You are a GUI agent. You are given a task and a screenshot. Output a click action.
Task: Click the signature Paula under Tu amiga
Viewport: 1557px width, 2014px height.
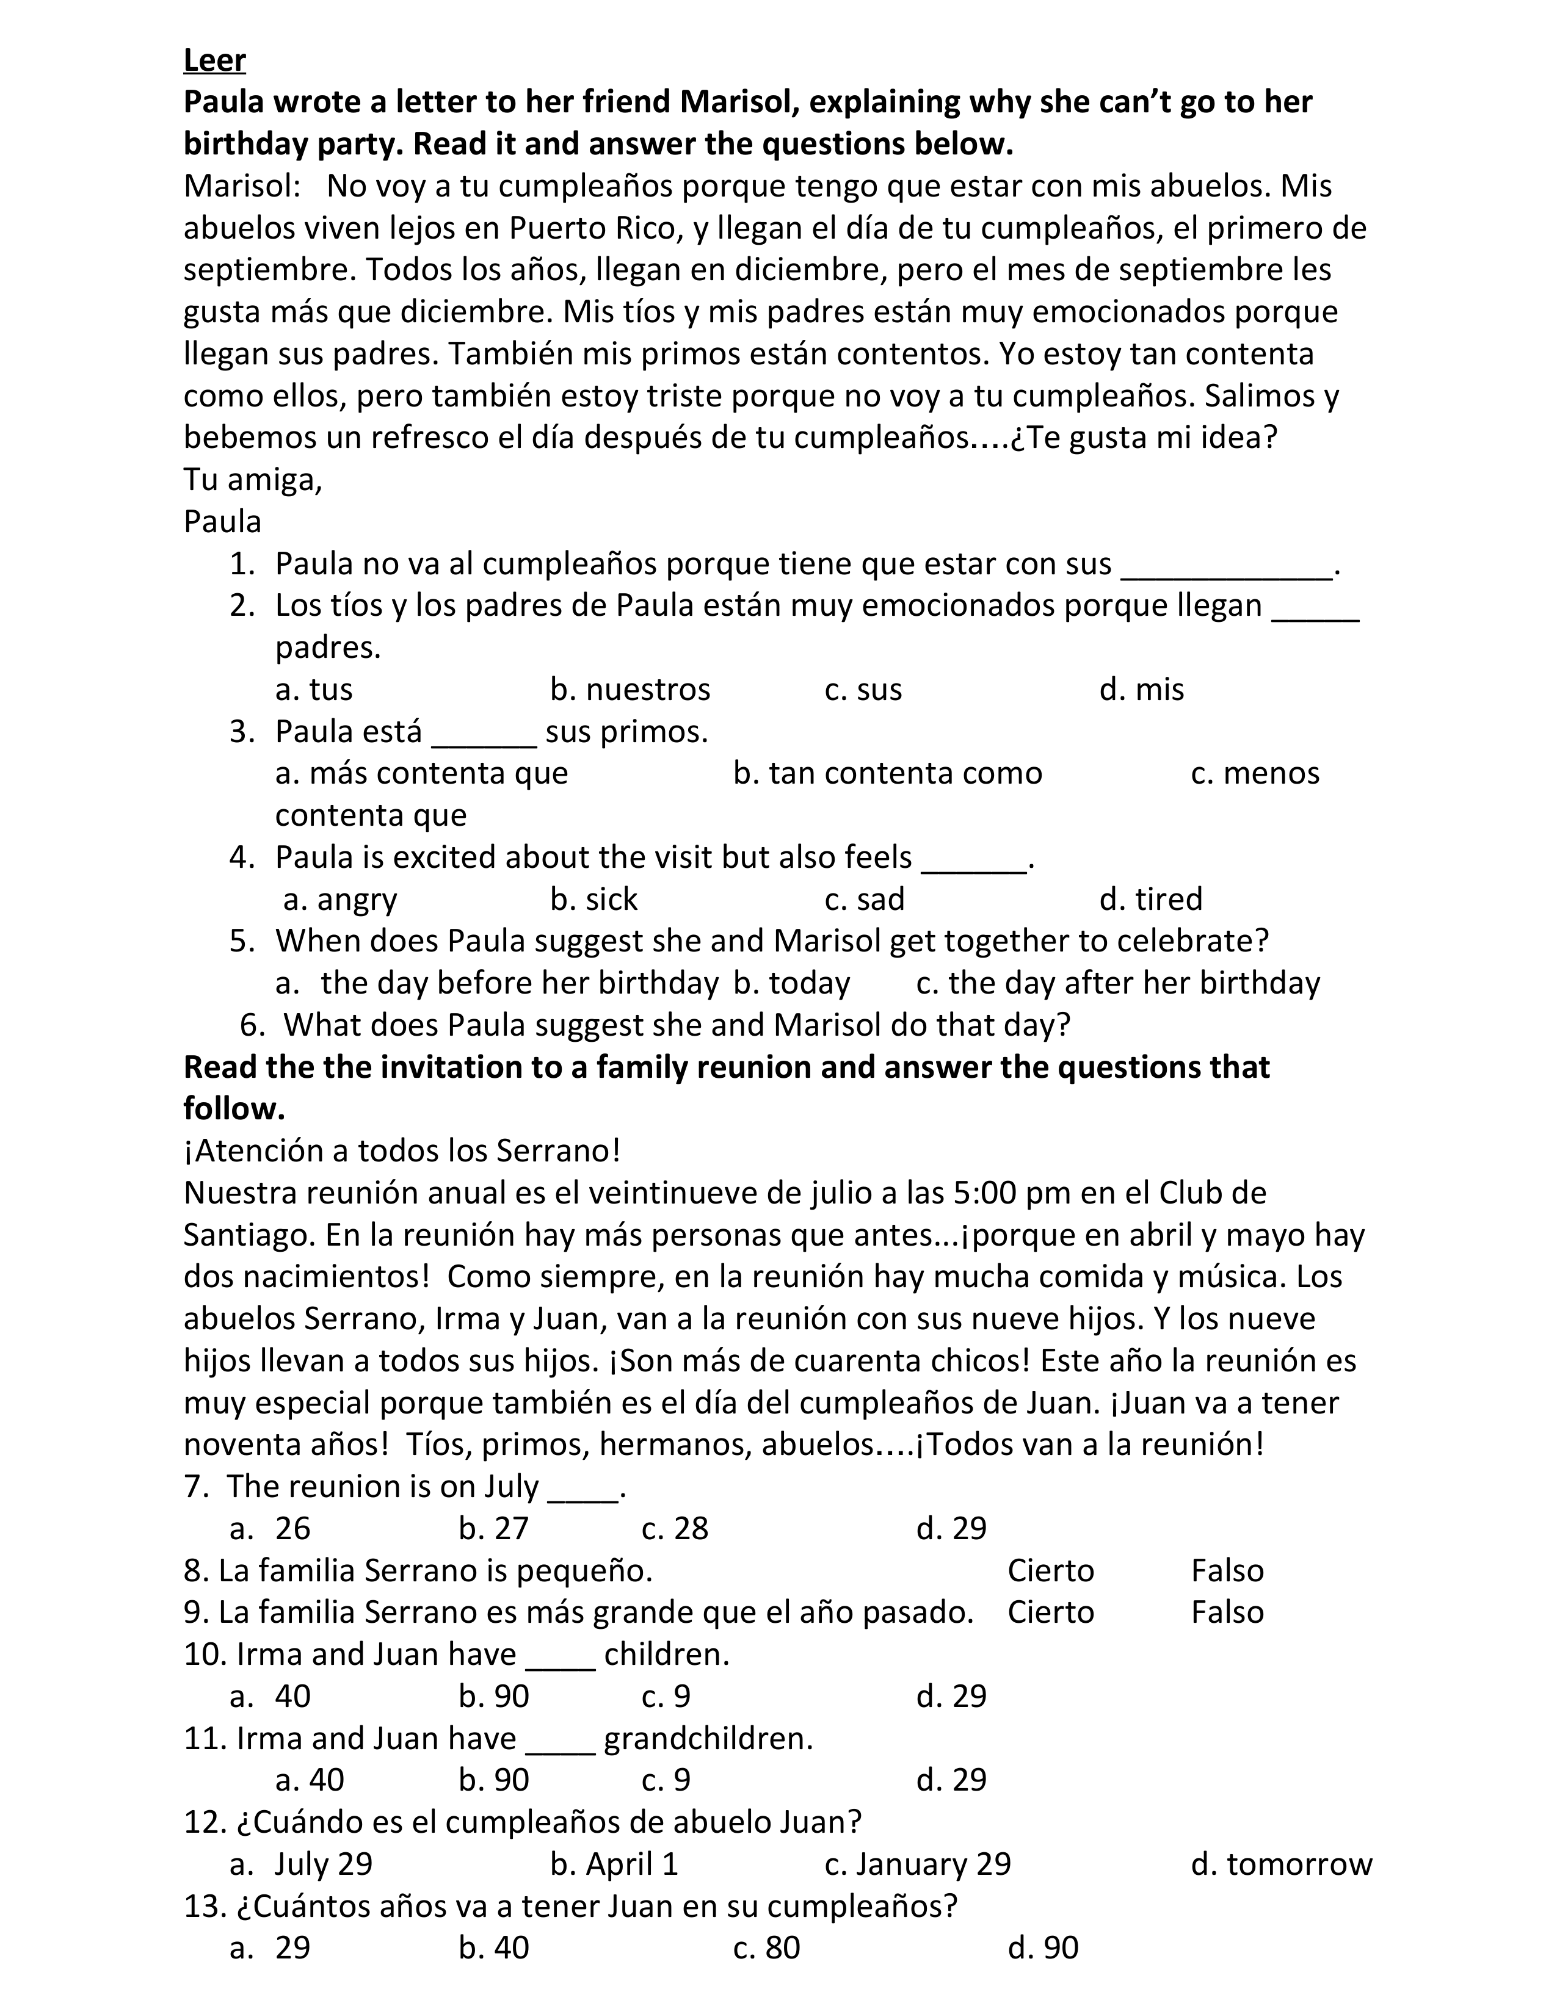click(222, 522)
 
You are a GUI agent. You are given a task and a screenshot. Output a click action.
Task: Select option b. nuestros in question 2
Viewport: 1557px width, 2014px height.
click(630, 690)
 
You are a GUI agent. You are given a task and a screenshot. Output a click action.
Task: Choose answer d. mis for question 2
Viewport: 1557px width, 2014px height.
click(1141, 690)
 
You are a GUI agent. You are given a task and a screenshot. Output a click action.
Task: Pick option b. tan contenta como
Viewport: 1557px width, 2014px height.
click(887, 773)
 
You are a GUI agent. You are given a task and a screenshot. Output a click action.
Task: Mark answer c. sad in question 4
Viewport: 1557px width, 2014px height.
click(864, 899)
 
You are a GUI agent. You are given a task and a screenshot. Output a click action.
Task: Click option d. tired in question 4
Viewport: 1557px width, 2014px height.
click(1151, 899)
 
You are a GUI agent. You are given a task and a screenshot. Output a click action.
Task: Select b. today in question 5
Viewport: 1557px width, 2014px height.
click(791, 983)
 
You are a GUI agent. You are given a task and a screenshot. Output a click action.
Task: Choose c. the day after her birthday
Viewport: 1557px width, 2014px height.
click(1118, 983)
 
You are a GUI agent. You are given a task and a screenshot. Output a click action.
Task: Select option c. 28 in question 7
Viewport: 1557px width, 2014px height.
click(674, 1529)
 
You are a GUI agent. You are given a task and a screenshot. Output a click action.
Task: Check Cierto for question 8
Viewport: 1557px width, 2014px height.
click(1051, 1570)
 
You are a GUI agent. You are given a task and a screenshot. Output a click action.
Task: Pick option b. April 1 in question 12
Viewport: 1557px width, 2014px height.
click(614, 1864)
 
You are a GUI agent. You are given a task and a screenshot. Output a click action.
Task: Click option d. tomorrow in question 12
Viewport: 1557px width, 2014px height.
click(1281, 1864)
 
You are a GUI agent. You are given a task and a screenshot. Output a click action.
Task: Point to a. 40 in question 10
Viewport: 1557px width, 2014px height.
click(270, 1696)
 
